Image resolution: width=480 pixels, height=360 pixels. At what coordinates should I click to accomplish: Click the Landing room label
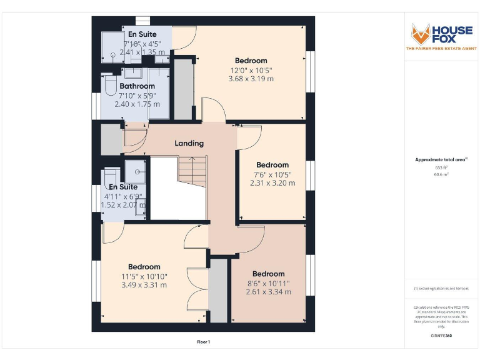pyautogui.click(x=189, y=143)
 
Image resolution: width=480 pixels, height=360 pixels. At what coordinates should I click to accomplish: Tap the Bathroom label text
pyautogui.click(x=137, y=86)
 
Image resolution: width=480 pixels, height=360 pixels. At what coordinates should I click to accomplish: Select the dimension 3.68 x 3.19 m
pyautogui.click(x=251, y=79)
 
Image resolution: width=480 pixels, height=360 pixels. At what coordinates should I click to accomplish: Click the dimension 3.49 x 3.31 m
pyautogui.click(x=144, y=285)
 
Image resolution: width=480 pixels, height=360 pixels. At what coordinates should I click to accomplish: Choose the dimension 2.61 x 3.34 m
pyautogui.click(x=268, y=292)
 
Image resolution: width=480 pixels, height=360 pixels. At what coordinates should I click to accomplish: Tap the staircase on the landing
pyautogui.click(x=191, y=169)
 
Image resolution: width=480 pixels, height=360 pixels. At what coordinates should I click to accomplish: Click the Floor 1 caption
pyautogui.click(x=203, y=342)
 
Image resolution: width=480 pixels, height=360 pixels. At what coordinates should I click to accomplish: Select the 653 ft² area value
pyautogui.click(x=441, y=168)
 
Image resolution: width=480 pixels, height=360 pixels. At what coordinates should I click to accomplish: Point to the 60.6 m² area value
pyautogui.click(x=441, y=175)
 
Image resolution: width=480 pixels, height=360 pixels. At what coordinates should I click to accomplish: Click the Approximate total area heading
pyautogui.click(x=440, y=160)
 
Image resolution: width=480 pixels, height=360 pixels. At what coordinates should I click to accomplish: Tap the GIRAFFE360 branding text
pyautogui.click(x=441, y=336)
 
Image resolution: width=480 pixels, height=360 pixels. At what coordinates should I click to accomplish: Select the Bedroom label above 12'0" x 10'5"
pyautogui.click(x=251, y=61)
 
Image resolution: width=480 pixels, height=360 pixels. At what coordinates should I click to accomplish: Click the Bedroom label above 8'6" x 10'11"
pyautogui.click(x=268, y=274)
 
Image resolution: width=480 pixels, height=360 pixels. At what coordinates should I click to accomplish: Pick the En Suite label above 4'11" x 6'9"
pyautogui.click(x=122, y=187)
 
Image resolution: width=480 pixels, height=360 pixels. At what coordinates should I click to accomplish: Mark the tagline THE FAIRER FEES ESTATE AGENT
pyautogui.click(x=441, y=48)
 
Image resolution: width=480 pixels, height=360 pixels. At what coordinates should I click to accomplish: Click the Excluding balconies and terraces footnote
pyautogui.click(x=441, y=289)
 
